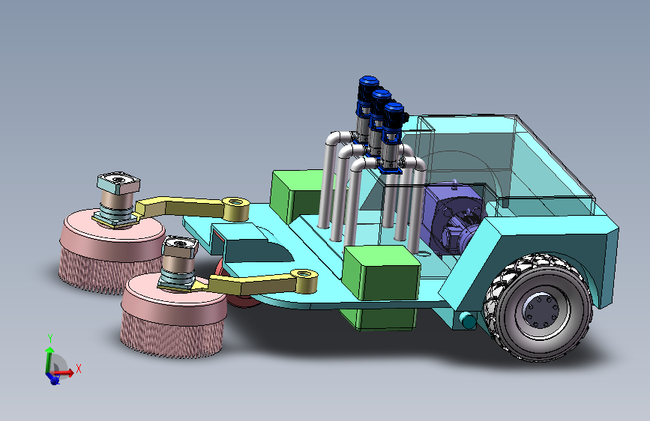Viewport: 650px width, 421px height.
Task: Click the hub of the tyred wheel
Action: pos(541,310)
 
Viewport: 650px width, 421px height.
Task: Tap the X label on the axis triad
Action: pos(79,369)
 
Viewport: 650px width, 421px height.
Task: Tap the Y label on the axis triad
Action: pos(49,338)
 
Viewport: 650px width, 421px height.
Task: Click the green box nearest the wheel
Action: pos(382,272)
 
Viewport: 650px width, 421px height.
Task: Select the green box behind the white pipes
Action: pos(297,195)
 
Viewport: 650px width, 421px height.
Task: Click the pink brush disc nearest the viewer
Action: pos(173,315)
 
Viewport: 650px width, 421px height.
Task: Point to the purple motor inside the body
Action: pos(453,220)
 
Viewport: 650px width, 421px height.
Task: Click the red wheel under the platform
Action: pos(238,290)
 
